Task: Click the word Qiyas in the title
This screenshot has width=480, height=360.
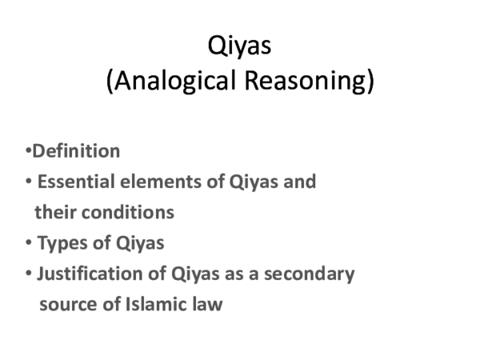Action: (x=240, y=46)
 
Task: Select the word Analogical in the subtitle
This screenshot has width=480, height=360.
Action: (x=162, y=82)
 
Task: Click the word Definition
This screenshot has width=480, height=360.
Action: (x=76, y=150)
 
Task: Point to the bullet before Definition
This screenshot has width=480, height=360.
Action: (x=27, y=150)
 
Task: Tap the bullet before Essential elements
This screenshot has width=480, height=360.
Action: (x=29, y=182)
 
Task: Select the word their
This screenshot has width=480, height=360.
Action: (x=54, y=212)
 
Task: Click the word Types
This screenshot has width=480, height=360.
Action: (x=61, y=243)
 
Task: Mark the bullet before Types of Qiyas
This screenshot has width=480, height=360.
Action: (x=29, y=243)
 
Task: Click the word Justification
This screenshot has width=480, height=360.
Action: (x=88, y=274)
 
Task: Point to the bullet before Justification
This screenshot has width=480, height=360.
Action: (x=29, y=274)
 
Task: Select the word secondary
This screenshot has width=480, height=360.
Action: (x=312, y=274)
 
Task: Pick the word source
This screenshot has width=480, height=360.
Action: (x=66, y=304)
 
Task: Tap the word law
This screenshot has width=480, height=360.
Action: (x=207, y=304)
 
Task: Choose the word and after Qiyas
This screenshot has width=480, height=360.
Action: (x=300, y=182)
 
